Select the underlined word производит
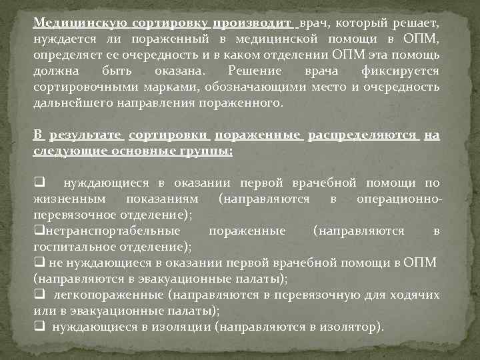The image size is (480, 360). tap(253, 23)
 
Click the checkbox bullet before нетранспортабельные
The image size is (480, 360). tap(39, 231)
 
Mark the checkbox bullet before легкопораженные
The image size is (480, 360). tap(39, 295)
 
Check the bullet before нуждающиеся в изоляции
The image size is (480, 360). tap(39, 327)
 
